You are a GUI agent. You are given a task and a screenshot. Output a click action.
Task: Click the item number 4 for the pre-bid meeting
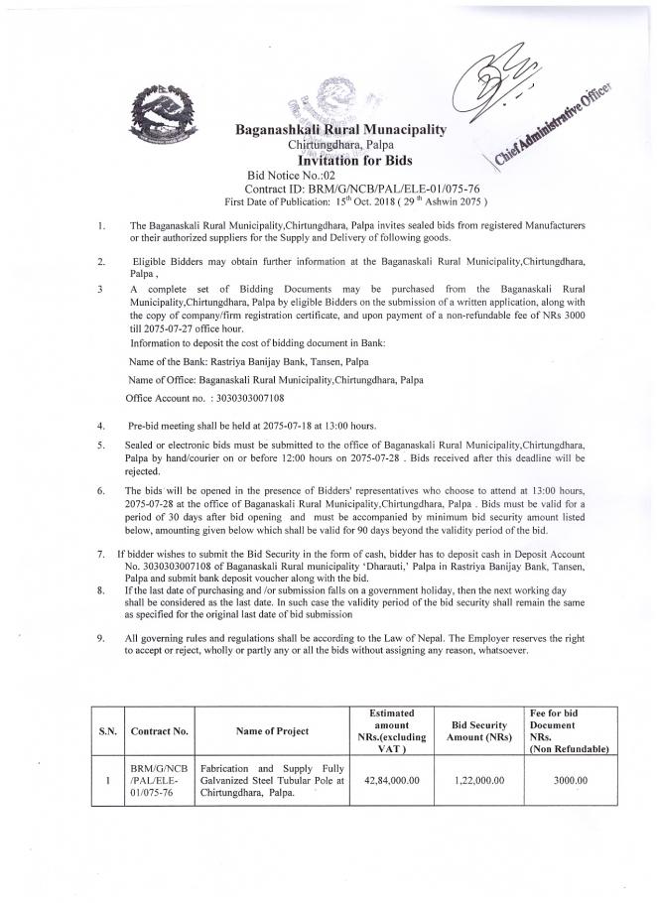tap(102, 425)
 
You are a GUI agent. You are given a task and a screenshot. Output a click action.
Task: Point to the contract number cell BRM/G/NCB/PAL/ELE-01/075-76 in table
tap(159, 780)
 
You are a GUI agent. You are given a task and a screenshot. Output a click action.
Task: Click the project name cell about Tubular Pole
tap(271, 780)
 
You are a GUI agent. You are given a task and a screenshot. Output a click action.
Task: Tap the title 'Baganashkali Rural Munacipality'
tap(339, 130)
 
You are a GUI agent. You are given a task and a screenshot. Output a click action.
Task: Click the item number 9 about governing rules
tap(101, 637)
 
